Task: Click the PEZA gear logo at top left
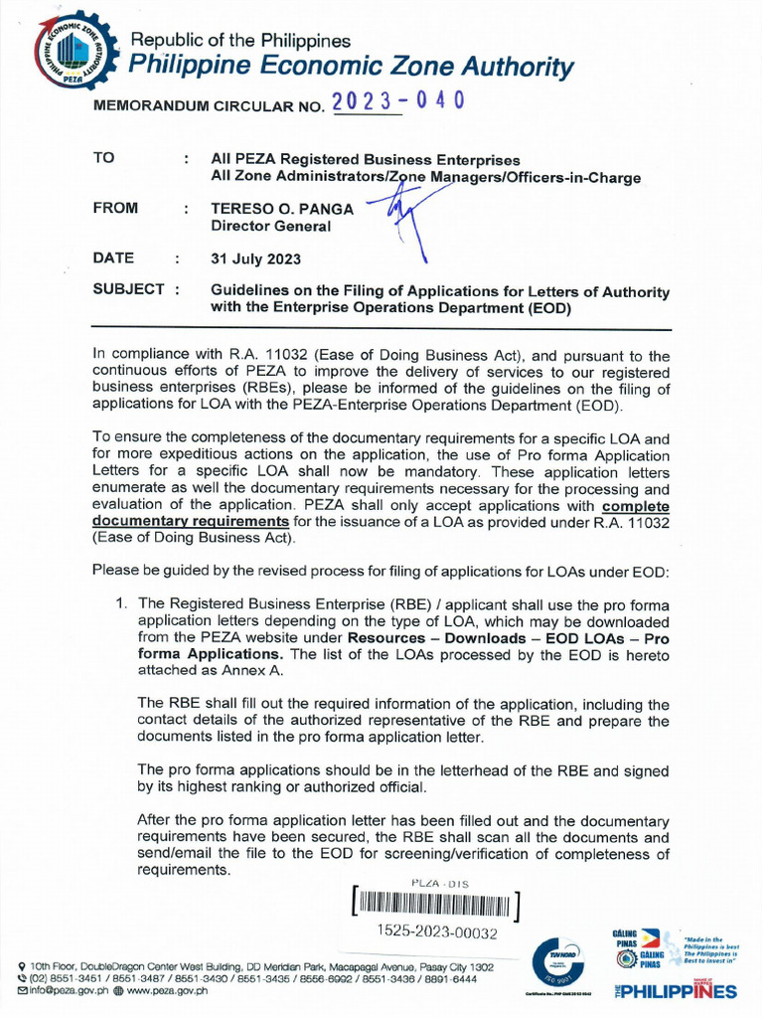click(x=71, y=49)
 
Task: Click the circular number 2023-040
click(x=397, y=102)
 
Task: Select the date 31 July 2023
click(x=255, y=258)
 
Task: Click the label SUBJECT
click(x=129, y=289)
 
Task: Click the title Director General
click(x=268, y=226)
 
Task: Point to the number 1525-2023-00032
click(x=437, y=933)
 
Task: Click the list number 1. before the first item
click(x=121, y=603)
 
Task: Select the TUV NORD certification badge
click(x=562, y=962)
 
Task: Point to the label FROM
click(x=115, y=209)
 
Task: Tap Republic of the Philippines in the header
click(x=241, y=41)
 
